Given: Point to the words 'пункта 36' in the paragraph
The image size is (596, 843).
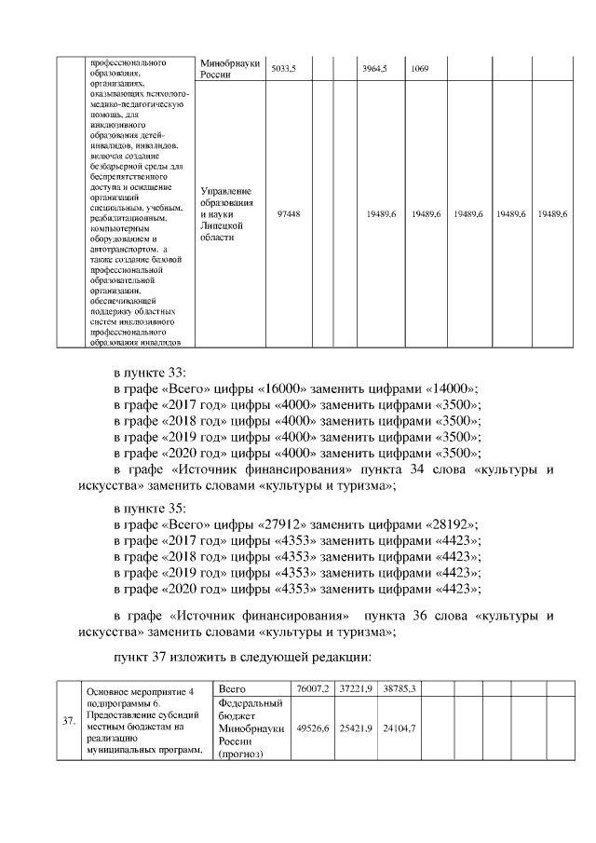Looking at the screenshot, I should pos(413,616).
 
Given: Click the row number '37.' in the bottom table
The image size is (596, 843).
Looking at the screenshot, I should pos(68,721).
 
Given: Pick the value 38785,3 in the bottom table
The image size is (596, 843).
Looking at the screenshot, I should pos(398,687).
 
